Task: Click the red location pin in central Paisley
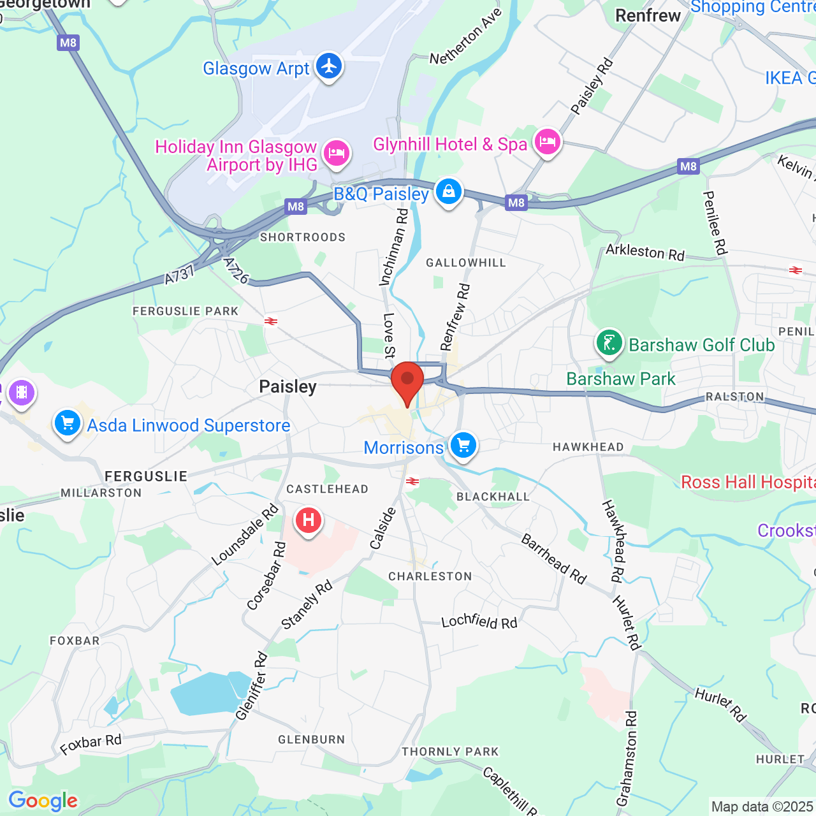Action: point(407,381)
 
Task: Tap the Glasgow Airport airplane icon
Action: point(329,66)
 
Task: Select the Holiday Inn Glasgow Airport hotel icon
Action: point(336,153)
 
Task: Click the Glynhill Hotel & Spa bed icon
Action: point(547,142)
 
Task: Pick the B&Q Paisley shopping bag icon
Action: point(449,191)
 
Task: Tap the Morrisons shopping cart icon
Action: point(463,445)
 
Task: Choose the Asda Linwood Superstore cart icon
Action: point(67,423)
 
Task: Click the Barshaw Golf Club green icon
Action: point(609,343)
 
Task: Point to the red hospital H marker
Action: point(309,520)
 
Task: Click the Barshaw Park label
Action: point(620,379)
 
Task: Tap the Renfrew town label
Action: point(648,16)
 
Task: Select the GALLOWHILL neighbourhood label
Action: point(466,263)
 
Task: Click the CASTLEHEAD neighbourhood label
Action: point(327,489)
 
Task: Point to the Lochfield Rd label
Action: point(479,621)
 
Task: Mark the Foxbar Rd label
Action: point(91,744)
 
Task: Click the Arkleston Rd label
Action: point(645,252)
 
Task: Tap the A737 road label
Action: point(179,275)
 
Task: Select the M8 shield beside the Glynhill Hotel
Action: point(516,203)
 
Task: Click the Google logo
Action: point(43,801)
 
